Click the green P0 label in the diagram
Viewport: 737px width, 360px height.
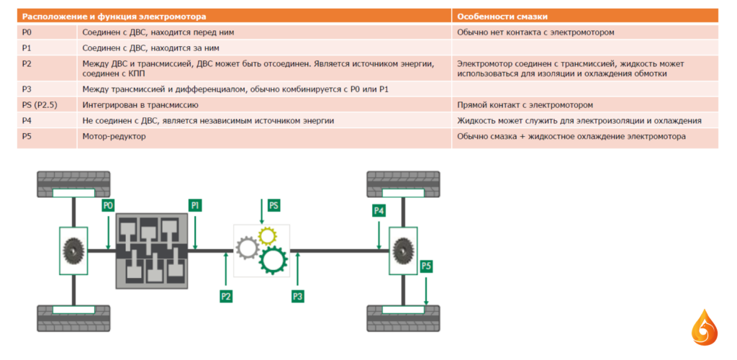[x=108, y=205]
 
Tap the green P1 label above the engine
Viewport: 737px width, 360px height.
[x=196, y=205]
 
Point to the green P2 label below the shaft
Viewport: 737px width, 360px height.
[x=226, y=296]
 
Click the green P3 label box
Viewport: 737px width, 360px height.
[x=297, y=296]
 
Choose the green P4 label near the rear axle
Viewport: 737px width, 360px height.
[x=379, y=210]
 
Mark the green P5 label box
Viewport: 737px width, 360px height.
[x=426, y=266]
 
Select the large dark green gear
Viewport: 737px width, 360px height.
[x=273, y=261]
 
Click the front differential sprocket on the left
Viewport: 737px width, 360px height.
[x=73, y=251]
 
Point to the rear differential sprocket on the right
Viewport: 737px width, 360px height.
[x=403, y=251]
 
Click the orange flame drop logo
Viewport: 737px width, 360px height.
[x=704, y=328]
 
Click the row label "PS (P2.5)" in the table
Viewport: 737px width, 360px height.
[x=40, y=105]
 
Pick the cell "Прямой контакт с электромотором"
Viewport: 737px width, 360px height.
[x=525, y=105]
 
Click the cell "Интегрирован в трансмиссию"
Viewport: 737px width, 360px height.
[x=140, y=105]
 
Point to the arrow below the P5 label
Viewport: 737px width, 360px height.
[x=426, y=290]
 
